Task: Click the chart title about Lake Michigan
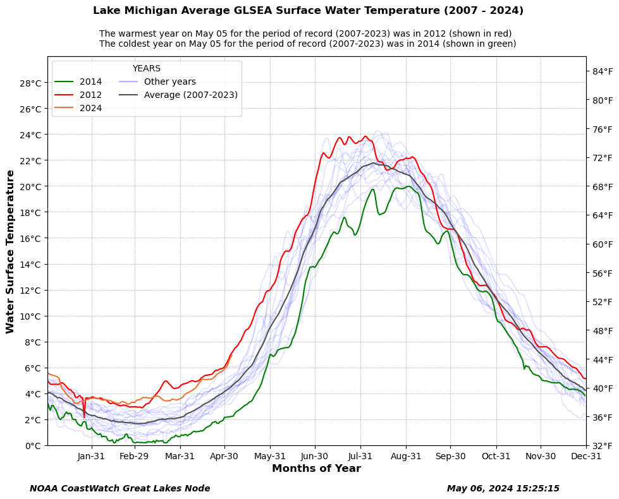pos(308,11)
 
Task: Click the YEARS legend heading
pos(146,68)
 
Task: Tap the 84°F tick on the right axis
pos(602,71)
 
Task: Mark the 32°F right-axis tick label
pos(602,445)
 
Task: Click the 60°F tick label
pos(602,244)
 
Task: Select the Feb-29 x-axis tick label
pos(134,456)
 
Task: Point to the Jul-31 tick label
pos(360,456)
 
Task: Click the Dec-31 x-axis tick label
pos(586,456)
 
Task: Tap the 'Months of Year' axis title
pos(316,469)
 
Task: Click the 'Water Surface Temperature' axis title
pos(10,251)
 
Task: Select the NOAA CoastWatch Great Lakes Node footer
pos(120,488)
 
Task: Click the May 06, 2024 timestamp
pos(503,488)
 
